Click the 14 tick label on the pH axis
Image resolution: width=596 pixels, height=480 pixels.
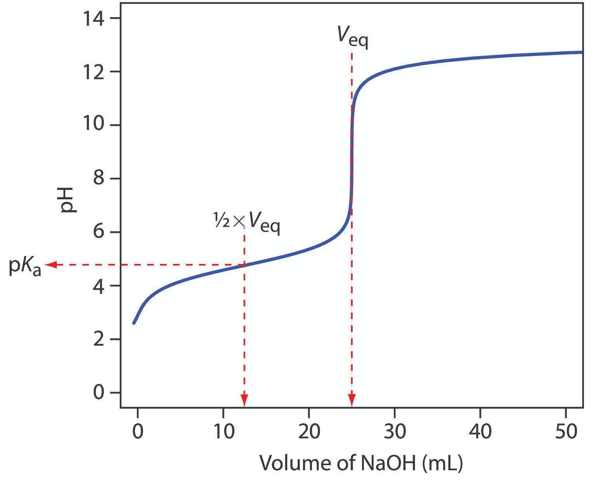click(x=94, y=19)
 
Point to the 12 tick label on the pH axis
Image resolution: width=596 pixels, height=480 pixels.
click(x=94, y=72)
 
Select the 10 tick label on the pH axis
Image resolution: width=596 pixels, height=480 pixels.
click(x=94, y=125)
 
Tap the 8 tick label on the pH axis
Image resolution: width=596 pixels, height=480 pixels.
click(x=99, y=179)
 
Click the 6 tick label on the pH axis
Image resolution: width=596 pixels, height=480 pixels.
click(x=99, y=232)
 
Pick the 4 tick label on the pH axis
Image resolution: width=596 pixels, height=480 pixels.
click(x=99, y=286)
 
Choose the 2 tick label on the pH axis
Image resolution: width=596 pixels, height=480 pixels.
click(x=99, y=339)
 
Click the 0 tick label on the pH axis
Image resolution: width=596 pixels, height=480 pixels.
click(x=99, y=392)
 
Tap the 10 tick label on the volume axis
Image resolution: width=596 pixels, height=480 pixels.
click(x=223, y=432)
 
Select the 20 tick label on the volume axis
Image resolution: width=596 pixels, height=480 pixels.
click(x=309, y=432)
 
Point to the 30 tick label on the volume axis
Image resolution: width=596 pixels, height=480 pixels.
click(x=395, y=432)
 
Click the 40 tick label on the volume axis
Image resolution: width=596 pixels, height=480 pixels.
click(x=481, y=432)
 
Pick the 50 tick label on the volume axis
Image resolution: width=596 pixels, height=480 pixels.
click(x=566, y=432)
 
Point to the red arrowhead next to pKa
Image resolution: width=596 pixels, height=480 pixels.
click(x=51, y=265)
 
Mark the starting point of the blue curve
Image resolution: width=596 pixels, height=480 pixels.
click(x=134, y=323)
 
